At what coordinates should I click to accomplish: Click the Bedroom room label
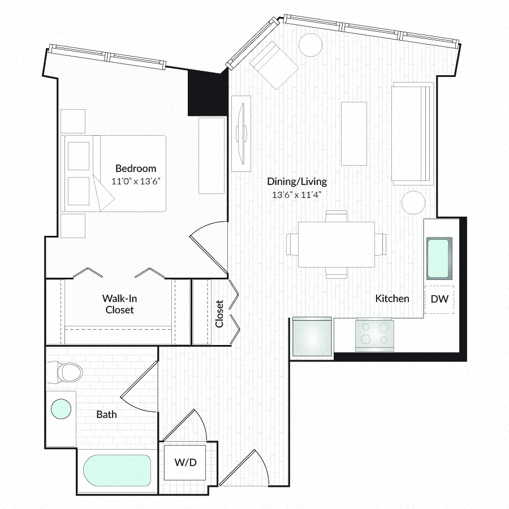136,169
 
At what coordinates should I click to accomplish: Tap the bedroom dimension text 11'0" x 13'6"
136,181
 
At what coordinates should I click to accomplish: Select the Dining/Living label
297,182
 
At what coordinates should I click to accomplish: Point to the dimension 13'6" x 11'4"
297,195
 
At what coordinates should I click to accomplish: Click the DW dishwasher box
439,299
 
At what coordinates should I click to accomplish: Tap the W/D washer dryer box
185,462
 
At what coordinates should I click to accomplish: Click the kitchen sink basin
439,258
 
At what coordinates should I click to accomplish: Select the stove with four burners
374,335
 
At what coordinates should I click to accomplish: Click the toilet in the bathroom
66,372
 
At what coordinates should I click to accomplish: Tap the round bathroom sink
61,409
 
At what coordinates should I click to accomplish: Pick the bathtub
117,471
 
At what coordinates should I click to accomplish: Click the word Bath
106,415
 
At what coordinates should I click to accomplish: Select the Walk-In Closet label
119,304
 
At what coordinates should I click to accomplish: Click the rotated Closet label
219,313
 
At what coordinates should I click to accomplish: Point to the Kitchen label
392,298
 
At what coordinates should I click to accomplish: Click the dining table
337,244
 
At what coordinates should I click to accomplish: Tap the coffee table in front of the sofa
354,133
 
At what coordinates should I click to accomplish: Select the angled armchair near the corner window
274,65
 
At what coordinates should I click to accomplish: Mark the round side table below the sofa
413,202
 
